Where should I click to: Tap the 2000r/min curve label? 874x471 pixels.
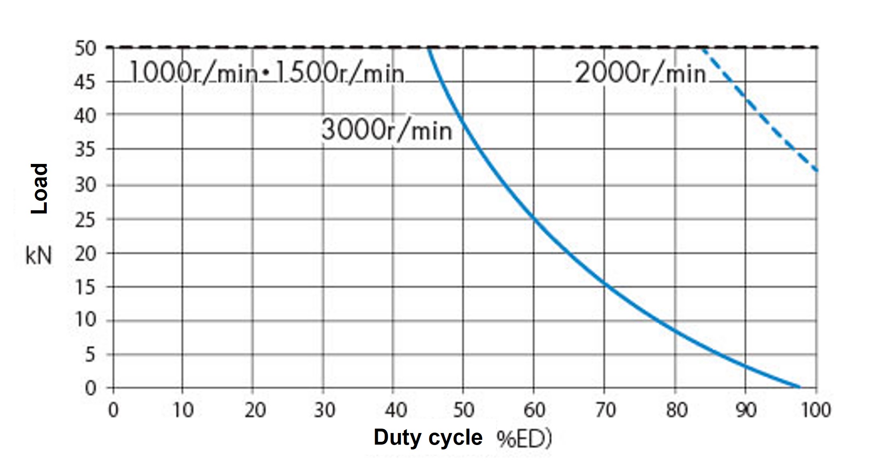point(640,74)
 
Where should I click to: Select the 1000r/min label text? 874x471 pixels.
point(193,74)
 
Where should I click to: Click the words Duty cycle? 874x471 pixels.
point(428,437)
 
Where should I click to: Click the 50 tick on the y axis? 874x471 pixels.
point(85,49)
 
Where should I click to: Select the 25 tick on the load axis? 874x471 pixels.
point(85,220)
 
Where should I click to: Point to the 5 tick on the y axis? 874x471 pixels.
point(90,355)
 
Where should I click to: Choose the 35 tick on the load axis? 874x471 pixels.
point(85,150)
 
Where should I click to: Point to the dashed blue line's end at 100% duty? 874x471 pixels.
point(816,170)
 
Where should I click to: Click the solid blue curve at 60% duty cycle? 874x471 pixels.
point(534,218)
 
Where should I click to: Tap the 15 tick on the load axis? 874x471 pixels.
point(85,287)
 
